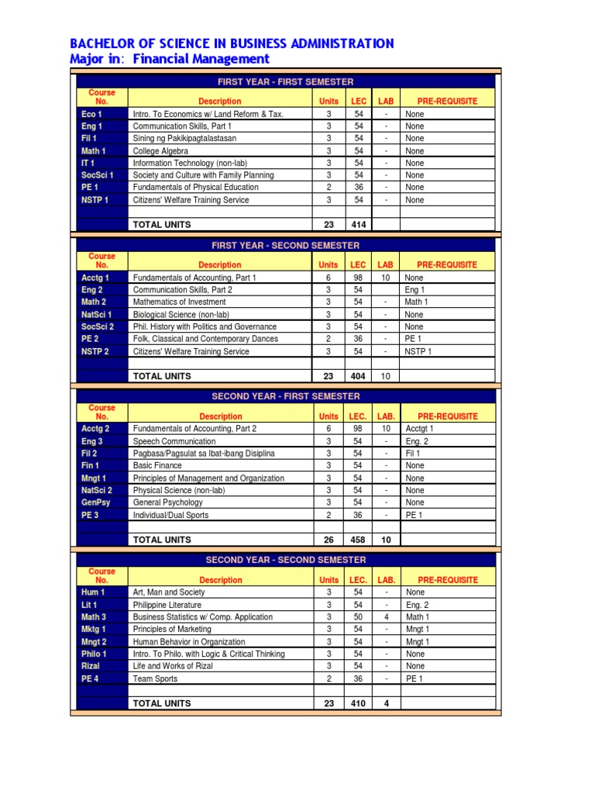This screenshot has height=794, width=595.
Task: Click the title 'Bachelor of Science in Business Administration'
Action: pos(232,43)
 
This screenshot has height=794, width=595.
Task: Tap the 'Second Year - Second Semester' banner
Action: pos(286,560)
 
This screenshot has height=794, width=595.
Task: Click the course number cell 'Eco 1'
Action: pos(91,114)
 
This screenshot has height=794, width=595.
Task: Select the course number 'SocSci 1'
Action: pos(98,175)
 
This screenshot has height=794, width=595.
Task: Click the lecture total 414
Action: pos(359,225)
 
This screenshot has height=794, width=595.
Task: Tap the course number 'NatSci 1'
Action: pos(97,315)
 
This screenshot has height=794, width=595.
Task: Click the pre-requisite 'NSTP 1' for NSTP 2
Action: pos(418,352)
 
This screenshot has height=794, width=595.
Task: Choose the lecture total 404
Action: pos(359,376)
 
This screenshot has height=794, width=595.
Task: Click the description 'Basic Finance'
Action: pos(157,466)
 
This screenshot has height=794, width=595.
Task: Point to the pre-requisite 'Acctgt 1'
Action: pos(420,429)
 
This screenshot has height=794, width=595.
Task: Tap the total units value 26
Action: pos(328,540)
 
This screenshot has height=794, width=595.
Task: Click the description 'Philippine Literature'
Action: pos(167,605)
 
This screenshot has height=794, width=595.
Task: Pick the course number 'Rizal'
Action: pos(91,666)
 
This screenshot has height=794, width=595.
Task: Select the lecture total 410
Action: pos(359,703)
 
